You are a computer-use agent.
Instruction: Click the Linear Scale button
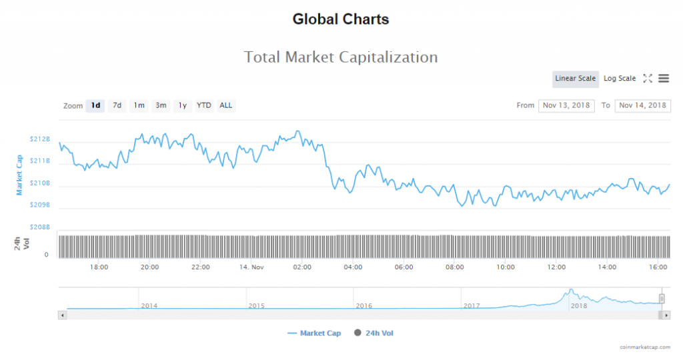575,79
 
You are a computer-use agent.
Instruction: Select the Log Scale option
620,79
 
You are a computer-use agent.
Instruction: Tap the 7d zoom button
117,105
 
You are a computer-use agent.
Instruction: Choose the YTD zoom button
204,105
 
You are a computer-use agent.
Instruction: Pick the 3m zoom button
161,105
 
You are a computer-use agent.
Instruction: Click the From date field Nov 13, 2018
566,105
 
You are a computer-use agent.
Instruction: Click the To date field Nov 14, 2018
642,105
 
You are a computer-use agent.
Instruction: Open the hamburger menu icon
664,79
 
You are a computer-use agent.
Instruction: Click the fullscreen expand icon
647,79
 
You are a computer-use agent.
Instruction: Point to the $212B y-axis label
40,139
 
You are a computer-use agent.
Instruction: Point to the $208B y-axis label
40,227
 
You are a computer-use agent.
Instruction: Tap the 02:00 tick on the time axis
302,267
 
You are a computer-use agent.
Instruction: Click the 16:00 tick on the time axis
658,267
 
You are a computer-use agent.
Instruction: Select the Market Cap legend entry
314,333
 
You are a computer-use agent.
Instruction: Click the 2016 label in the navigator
364,305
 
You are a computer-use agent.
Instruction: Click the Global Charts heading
341,19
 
